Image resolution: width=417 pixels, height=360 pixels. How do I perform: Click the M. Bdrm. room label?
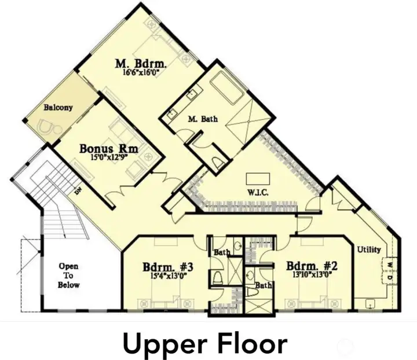coord(141,63)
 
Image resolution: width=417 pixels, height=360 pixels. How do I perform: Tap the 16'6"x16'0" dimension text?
coord(141,73)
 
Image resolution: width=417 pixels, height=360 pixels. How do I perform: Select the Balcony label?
coord(58,107)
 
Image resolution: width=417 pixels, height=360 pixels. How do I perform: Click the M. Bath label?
coord(203,119)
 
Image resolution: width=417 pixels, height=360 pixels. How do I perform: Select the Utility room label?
coord(369,249)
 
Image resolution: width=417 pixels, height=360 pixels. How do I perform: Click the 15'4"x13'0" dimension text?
coord(167,276)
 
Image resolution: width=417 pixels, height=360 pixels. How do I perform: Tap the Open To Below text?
coord(68,275)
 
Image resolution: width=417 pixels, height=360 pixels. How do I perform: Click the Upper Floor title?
coord(204,344)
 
